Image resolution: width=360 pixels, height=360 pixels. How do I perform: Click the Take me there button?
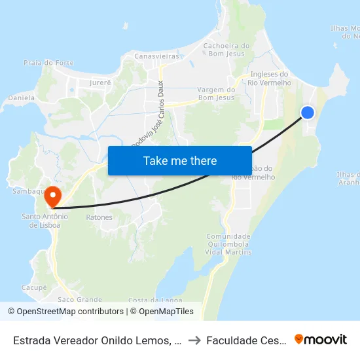click(180, 160)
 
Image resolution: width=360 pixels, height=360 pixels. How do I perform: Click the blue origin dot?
click(307, 113)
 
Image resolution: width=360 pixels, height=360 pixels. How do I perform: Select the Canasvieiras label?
click(156, 57)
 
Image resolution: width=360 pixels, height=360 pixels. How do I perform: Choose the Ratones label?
click(99, 217)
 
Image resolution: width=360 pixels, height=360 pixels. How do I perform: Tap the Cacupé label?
click(34, 287)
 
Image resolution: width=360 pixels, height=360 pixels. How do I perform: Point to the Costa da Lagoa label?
click(155, 300)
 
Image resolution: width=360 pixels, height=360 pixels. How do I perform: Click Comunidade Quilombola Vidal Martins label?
click(228, 243)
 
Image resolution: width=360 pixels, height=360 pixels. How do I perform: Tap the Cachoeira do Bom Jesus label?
click(227, 49)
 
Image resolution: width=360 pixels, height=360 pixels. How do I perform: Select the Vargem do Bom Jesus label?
click(216, 94)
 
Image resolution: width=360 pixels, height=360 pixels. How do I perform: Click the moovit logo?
click(321, 340)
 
